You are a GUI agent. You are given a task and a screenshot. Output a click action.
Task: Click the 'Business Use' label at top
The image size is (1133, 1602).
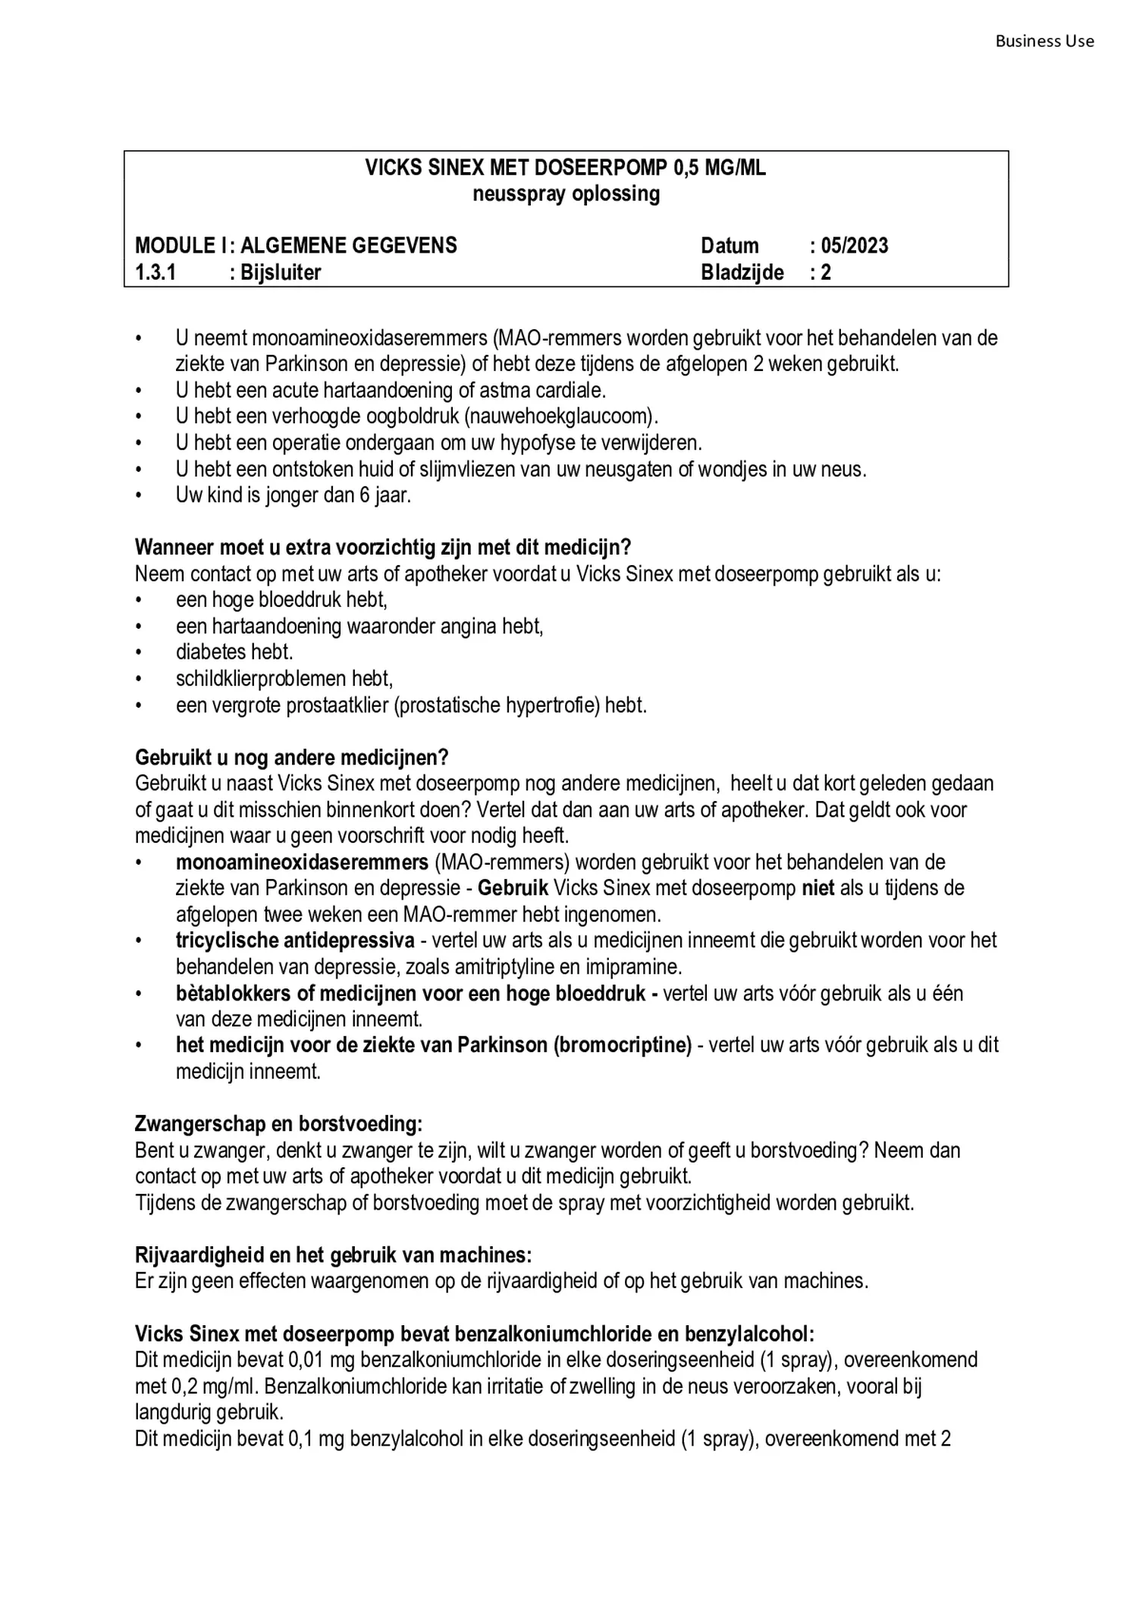tap(1044, 42)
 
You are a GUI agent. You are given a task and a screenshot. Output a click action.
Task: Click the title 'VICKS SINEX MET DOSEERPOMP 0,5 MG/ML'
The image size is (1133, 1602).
tap(565, 168)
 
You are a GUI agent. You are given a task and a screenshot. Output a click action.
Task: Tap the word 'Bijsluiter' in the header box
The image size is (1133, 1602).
tap(281, 272)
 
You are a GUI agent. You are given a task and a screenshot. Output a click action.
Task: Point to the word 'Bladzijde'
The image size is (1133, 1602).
tap(742, 272)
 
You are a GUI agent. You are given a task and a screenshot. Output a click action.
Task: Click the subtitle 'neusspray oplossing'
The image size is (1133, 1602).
tap(566, 194)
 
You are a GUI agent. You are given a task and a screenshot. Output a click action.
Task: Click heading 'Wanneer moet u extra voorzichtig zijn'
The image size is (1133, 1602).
tap(382, 547)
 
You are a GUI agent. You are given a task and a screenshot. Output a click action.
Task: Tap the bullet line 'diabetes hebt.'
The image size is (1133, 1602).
tap(234, 652)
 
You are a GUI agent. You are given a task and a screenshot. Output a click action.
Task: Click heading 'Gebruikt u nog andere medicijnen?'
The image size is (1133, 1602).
tap(291, 757)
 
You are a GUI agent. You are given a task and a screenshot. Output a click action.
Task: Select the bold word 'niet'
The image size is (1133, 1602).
tap(818, 887)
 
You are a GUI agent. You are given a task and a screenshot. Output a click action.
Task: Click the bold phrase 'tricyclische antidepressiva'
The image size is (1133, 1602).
tap(295, 941)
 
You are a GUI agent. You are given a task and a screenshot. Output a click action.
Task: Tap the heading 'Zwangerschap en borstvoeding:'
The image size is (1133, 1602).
tap(278, 1123)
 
